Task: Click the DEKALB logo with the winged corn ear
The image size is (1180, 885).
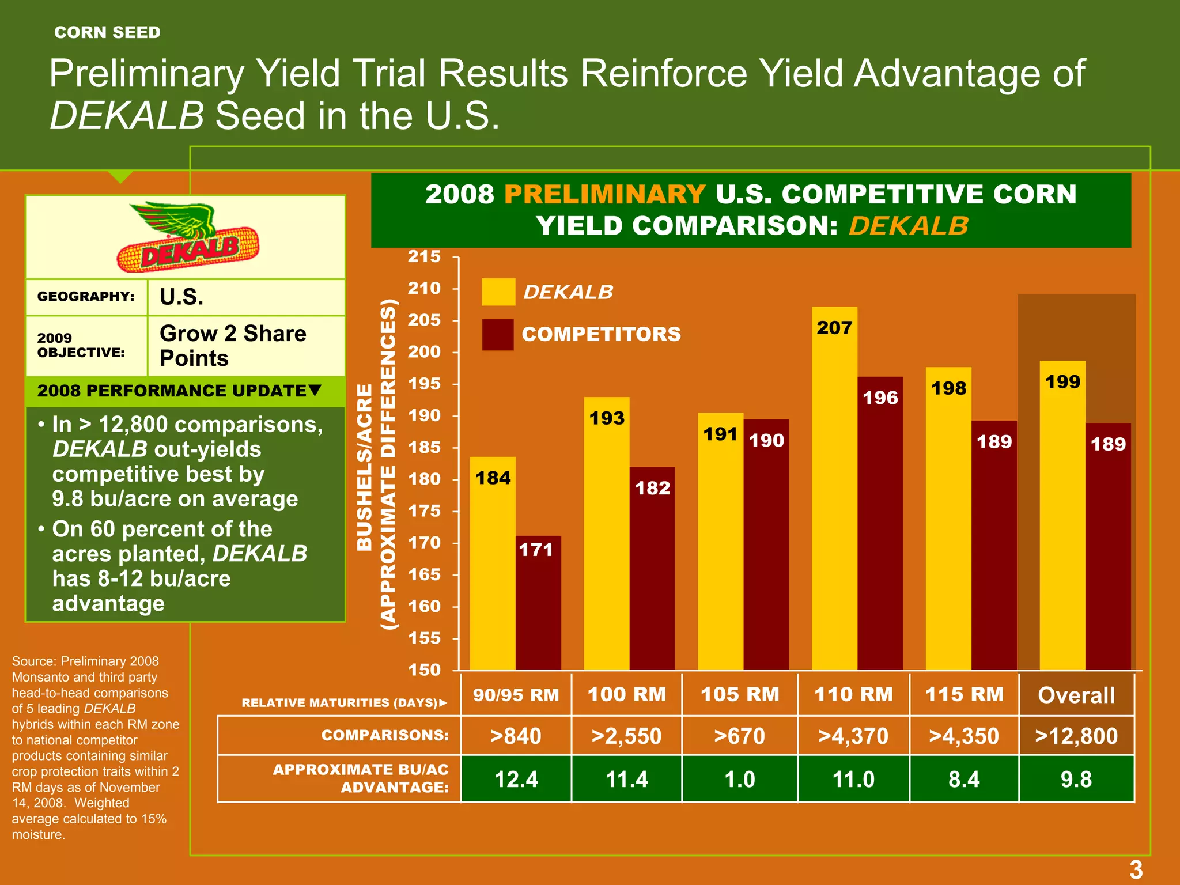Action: click(188, 237)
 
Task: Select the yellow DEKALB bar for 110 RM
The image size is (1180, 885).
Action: click(834, 490)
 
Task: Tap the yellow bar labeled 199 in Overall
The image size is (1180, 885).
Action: click(1062, 519)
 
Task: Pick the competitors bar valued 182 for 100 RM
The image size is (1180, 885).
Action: click(652, 570)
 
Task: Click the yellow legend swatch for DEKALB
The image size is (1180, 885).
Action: click(498, 292)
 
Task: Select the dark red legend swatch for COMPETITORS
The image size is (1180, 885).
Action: click(498, 335)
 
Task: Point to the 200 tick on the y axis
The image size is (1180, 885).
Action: click(424, 351)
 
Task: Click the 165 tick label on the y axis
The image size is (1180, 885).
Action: click(424, 574)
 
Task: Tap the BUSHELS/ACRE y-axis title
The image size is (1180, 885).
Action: click(365, 467)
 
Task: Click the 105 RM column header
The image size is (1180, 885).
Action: click(739, 694)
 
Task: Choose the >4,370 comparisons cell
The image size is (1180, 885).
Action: click(853, 736)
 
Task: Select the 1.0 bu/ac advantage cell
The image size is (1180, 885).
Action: click(739, 779)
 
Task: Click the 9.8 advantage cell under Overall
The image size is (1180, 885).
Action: click(1076, 779)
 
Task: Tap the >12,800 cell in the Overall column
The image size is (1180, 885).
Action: click(1076, 736)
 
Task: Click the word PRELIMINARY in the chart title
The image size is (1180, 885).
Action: click(605, 194)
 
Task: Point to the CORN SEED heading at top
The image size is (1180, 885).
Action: click(107, 32)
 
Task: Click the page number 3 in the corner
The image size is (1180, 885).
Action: click(1136, 869)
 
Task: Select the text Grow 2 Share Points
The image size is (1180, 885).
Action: click(233, 346)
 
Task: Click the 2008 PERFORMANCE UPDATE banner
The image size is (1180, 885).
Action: click(179, 391)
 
